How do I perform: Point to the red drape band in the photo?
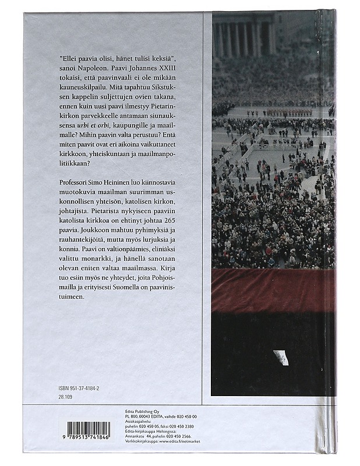pyautogui.click(x=273, y=289)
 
